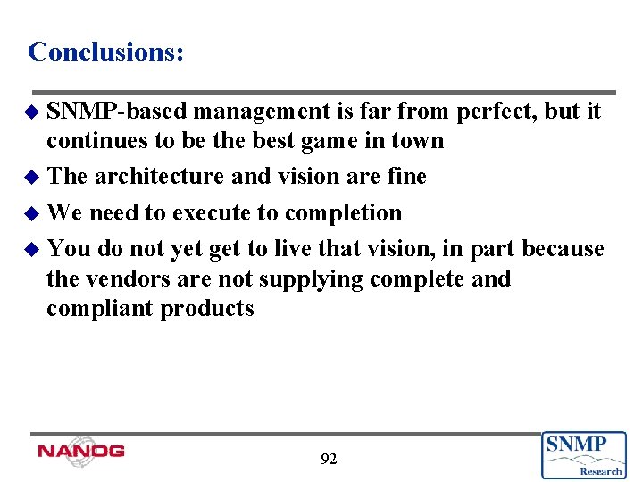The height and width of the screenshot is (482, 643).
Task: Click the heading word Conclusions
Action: (105, 52)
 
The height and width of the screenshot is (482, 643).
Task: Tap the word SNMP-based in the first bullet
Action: (116, 112)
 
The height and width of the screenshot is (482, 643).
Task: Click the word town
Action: (416, 141)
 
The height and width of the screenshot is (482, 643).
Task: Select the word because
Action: (563, 249)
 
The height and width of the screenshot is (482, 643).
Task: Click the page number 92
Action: (329, 460)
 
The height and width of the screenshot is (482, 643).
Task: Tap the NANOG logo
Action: (81, 451)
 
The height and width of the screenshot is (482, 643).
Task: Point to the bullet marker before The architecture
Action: (35, 178)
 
